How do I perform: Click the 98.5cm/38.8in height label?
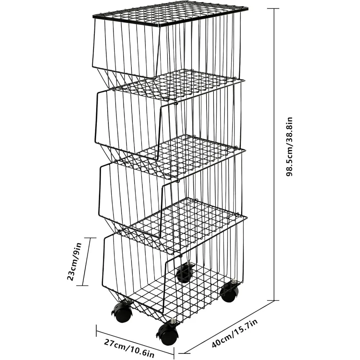[289, 147]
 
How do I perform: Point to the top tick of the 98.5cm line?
[274, 9]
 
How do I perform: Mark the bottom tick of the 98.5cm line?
[274, 300]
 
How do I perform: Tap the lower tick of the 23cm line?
[82, 285]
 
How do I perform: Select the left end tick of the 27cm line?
[96, 330]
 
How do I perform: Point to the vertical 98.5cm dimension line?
[274, 154]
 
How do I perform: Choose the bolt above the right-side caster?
[234, 282]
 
